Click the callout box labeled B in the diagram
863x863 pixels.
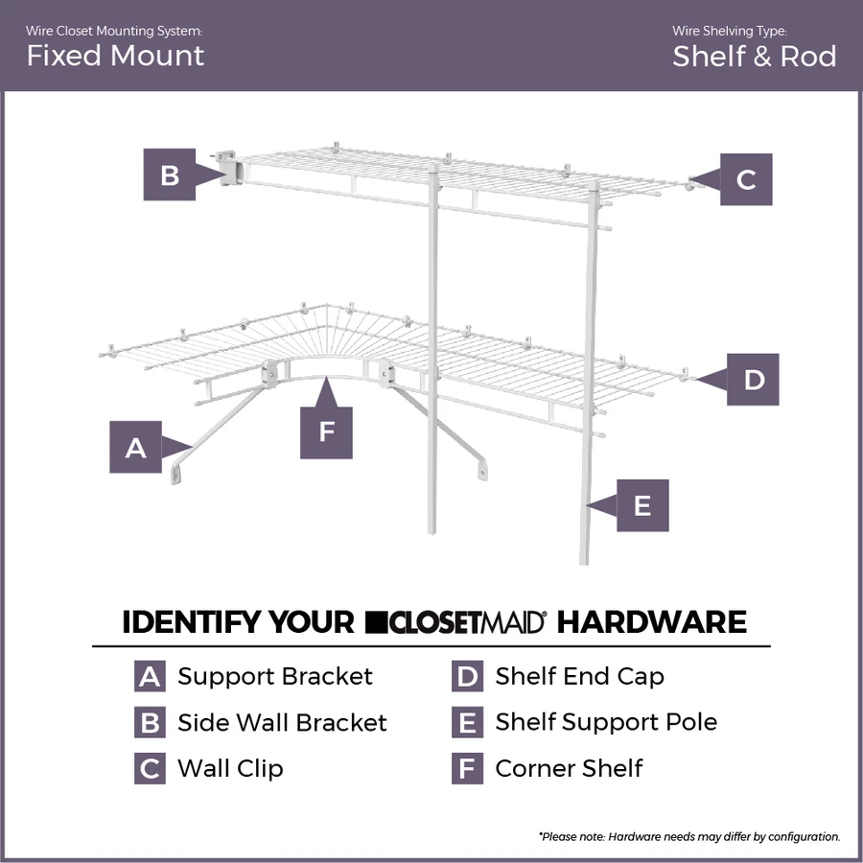click(170, 175)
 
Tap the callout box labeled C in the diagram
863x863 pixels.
click(745, 178)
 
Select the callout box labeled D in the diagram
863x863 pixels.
click(753, 380)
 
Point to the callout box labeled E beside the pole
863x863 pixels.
click(641, 505)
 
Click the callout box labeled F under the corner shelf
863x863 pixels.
click(326, 431)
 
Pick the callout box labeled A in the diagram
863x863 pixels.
click(136, 447)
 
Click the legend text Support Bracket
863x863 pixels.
click(275, 676)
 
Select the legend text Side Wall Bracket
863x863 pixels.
click(282, 722)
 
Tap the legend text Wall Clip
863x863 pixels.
click(230, 768)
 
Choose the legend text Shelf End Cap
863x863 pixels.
click(579, 676)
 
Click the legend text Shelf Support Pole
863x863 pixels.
click(606, 722)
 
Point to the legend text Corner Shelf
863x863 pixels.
click(569, 768)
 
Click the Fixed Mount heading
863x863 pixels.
click(115, 56)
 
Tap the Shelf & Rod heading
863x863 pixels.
click(754, 56)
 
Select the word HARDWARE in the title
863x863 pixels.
click(652, 622)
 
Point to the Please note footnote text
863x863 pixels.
click(688, 836)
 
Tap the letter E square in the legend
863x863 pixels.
click(467, 722)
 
